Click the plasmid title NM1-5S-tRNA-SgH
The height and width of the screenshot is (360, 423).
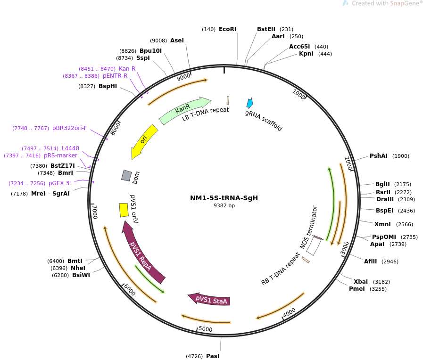[224, 198]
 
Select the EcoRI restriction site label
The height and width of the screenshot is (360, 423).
[227, 29]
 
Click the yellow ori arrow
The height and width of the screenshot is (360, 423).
[143, 140]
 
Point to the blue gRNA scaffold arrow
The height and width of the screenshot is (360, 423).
[250, 103]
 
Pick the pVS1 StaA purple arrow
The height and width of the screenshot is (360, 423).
[210, 299]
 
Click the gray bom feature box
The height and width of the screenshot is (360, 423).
[126, 175]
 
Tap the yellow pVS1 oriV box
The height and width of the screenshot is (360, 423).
[124, 210]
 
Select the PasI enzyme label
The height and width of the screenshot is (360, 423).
[213, 356]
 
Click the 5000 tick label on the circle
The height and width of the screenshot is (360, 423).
[205, 329]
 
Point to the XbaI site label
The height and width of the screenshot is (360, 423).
[361, 282]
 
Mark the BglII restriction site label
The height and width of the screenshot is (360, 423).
[382, 184]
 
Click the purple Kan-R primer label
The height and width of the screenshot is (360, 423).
[127, 69]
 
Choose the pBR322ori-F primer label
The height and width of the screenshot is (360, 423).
[70, 128]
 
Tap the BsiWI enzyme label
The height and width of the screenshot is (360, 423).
[81, 275]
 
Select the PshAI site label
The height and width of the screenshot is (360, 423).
[379, 156]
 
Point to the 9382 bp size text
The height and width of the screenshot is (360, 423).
[224, 206]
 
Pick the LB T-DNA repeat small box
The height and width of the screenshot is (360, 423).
[228, 100]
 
